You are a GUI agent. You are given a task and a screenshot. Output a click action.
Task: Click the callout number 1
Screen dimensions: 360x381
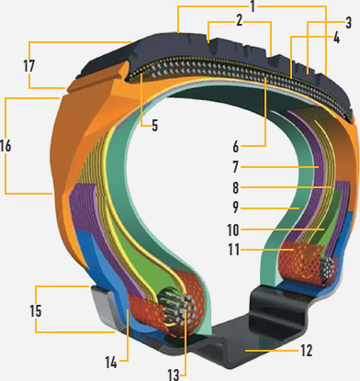253,6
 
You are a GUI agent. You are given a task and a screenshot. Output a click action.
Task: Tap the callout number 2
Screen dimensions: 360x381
240,20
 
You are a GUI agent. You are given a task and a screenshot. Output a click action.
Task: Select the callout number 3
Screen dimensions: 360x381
348,23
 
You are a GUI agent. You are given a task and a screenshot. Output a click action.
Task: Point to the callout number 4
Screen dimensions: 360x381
336,38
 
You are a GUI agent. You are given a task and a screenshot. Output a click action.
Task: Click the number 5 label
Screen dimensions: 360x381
155,126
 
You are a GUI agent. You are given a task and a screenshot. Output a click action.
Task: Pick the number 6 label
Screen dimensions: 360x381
235,147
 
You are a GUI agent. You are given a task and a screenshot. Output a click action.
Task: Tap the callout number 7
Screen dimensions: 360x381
235,167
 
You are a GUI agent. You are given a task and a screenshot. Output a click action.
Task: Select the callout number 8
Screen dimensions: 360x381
235,187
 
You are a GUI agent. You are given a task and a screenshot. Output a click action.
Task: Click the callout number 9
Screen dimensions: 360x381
235,207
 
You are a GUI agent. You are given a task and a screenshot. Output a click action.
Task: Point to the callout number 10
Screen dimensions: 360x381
233,230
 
